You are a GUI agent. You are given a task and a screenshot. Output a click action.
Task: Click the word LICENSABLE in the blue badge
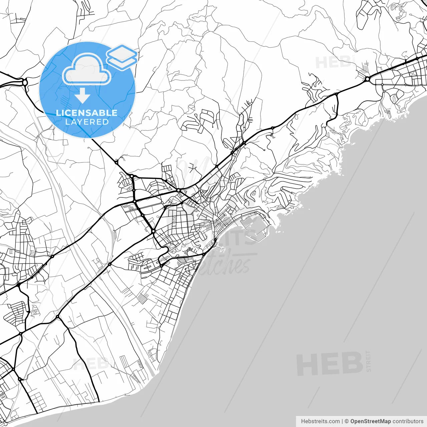87,113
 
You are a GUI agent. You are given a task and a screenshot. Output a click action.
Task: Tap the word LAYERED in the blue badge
87,122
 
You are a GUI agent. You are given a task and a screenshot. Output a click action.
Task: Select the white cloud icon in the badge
87,70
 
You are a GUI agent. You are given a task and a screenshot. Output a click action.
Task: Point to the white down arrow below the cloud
82,96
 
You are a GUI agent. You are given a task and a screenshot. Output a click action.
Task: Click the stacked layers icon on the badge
122,57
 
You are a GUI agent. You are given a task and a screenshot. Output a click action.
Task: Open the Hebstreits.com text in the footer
320,421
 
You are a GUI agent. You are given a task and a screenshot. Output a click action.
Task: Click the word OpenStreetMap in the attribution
370,421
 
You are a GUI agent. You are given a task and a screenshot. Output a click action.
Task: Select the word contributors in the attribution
408,421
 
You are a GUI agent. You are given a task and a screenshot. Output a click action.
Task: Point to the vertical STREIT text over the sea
368,361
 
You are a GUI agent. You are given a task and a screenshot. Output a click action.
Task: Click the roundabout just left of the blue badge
25,82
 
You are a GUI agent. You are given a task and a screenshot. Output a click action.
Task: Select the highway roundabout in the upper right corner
367,79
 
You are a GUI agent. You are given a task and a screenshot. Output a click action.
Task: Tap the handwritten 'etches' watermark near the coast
227,264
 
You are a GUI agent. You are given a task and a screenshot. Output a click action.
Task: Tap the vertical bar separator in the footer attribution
342,421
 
